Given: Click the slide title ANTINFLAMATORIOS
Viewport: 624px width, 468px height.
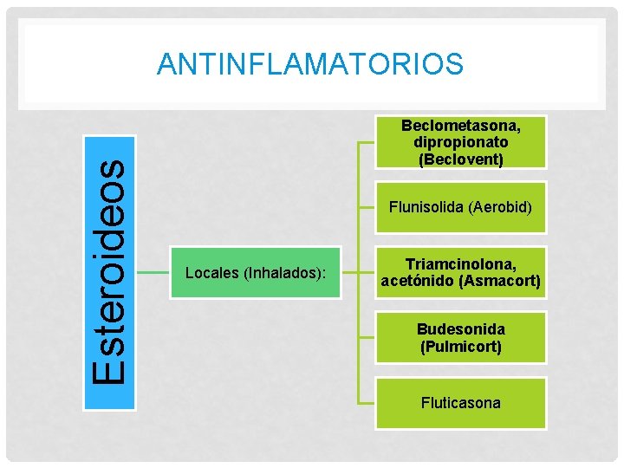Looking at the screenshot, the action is [x=310, y=64].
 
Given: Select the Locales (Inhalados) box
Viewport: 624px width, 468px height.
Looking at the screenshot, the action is [x=256, y=273].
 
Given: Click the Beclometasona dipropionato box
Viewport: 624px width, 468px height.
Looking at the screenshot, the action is [x=460, y=142].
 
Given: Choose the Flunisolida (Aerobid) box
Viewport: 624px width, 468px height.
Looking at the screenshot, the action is [x=460, y=208].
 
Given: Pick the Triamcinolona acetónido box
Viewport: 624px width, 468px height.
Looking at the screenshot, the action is [x=460, y=273].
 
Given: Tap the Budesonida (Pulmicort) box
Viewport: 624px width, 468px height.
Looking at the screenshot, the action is [x=460, y=338].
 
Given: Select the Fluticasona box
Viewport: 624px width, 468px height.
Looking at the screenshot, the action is [x=460, y=403].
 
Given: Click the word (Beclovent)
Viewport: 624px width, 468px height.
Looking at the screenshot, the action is [x=460, y=159].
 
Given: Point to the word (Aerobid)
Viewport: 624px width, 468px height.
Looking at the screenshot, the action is [x=499, y=208].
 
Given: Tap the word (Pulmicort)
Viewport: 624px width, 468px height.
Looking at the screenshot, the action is [x=460, y=347].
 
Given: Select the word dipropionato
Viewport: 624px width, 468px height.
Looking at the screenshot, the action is [x=460, y=142].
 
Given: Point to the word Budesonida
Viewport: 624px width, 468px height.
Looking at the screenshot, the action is [x=460, y=329].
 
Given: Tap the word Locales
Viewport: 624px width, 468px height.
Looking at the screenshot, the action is [x=211, y=273].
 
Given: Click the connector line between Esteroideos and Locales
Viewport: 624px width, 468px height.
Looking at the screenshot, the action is [x=153, y=272].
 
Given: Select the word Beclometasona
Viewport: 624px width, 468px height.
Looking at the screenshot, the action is [x=460, y=126].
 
